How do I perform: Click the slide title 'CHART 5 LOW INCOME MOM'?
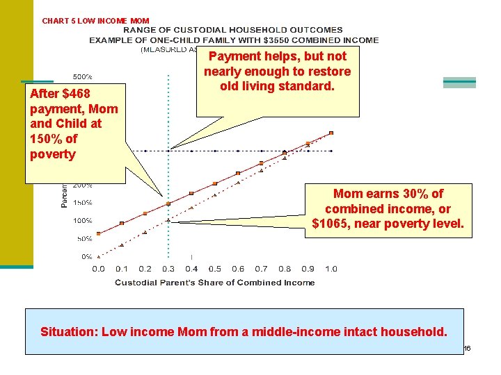pos(95,21)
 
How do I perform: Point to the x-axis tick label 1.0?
pos(331,269)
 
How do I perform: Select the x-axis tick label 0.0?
pos(98,269)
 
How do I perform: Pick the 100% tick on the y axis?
pos(83,221)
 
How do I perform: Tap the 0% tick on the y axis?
pos(87,256)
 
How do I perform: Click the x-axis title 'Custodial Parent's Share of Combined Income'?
pos(214,283)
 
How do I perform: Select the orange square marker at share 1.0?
pos(331,133)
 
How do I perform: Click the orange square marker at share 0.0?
pos(99,233)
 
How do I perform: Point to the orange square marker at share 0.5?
pos(214,183)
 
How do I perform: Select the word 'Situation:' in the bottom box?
pos(69,331)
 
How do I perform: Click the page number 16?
pos(467,348)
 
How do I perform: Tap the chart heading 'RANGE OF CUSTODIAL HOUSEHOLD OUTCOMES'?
pos(233,30)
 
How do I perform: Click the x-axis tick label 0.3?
pos(168,269)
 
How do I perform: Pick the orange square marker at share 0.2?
pos(145,213)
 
